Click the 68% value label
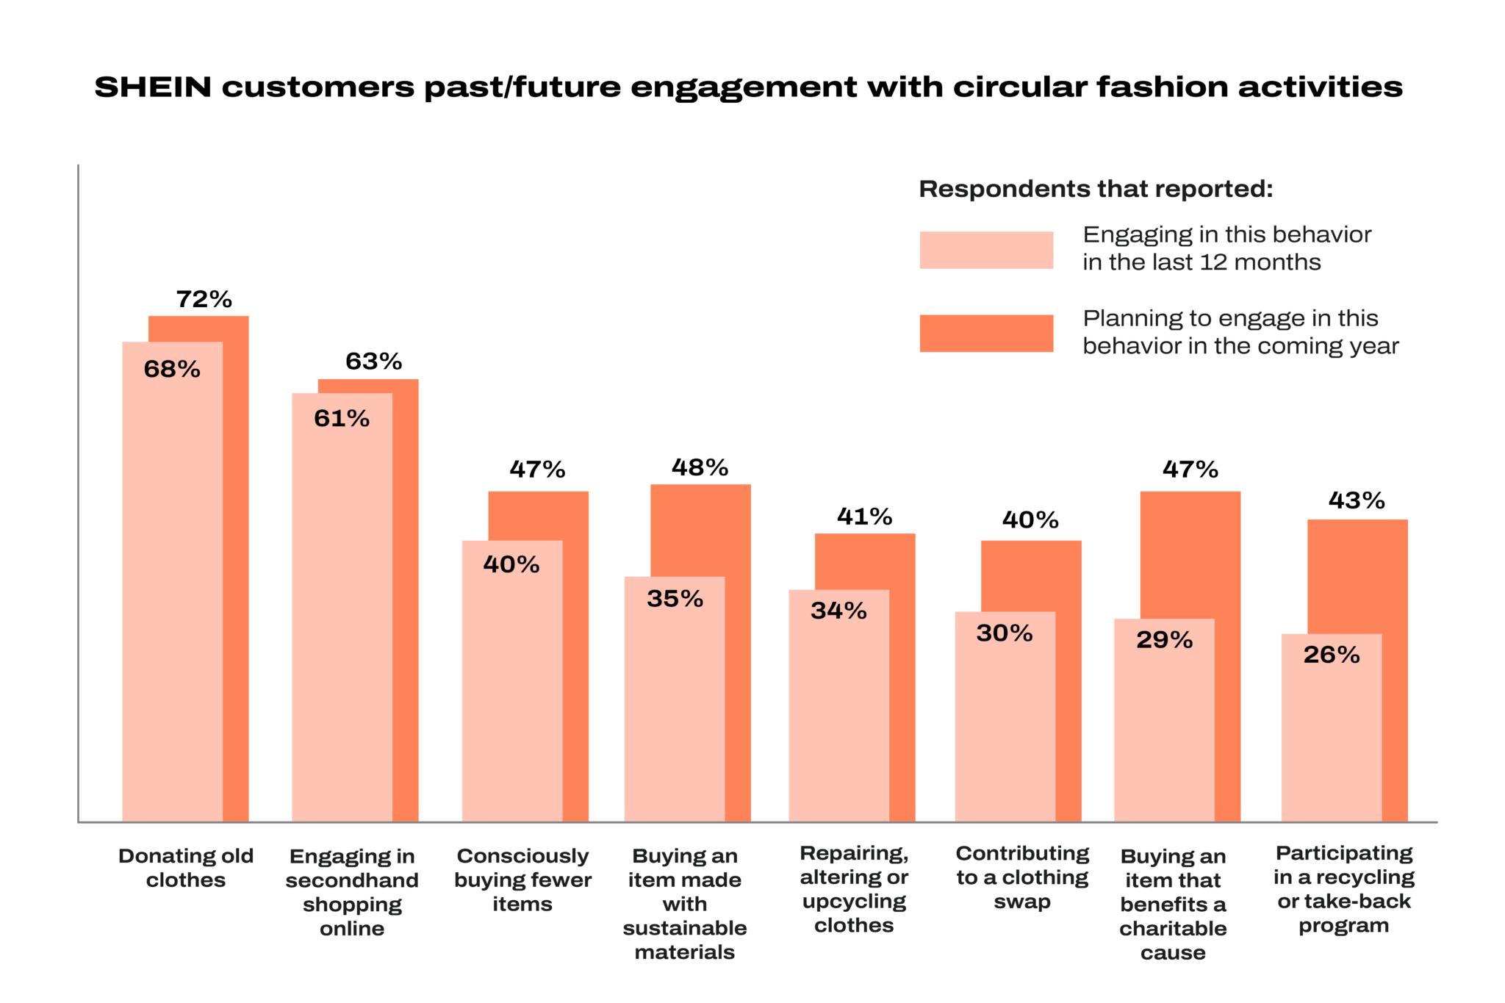pos(172,369)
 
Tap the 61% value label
pos(342,419)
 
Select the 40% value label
pos(511,564)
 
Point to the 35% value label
pos(675,599)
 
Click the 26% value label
pos(1331,655)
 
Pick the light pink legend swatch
pos(985,250)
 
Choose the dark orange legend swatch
pos(985,334)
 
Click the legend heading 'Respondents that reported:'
pos(1096,190)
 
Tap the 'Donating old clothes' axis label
pos(186,868)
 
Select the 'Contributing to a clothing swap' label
pos(1022,877)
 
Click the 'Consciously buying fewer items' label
pos(522,880)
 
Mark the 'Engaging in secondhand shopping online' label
pos(352,892)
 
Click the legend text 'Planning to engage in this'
pos(1230,319)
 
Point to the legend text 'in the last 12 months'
pos(1202,262)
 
